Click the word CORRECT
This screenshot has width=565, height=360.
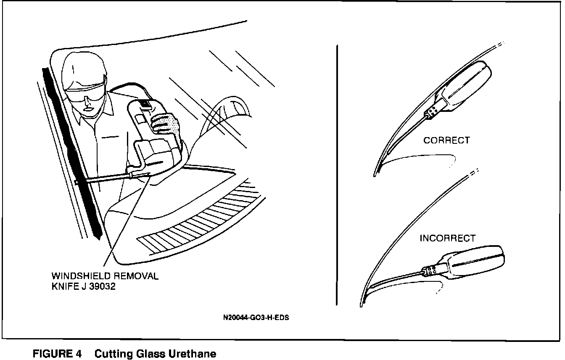446,140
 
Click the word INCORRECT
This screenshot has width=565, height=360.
447,238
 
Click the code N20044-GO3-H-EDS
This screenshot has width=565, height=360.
256,318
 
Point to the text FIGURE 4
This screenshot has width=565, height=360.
57,354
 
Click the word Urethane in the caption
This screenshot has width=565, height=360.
192,354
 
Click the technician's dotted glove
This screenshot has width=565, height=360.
165,123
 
